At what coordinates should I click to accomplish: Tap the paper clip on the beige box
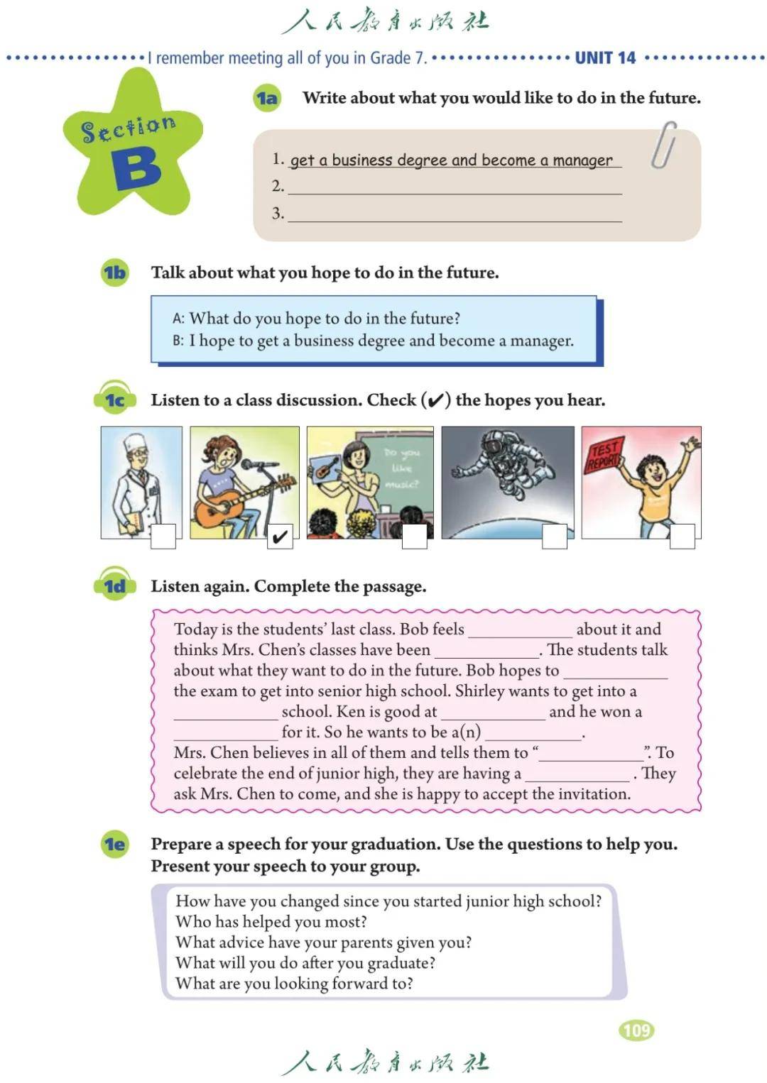click(x=663, y=145)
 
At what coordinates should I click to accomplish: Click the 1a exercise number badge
click(x=267, y=98)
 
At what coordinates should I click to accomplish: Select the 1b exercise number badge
click(x=114, y=273)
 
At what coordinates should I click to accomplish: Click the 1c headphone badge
click(x=114, y=400)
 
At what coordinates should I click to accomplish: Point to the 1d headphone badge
click(x=114, y=586)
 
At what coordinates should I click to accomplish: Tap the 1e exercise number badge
click(x=114, y=844)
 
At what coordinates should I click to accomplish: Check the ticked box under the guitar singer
click(x=280, y=537)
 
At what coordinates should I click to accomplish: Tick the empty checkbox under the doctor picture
click(x=163, y=537)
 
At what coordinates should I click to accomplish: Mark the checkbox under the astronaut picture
click(x=555, y=537)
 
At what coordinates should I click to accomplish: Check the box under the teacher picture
click(x=415, y=537)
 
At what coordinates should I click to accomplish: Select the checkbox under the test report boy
click(x=682, y=537)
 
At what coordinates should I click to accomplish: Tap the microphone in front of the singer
click(x=252, y=465)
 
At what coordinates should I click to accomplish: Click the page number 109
click(x=636, y=1030)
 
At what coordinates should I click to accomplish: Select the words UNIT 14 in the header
click(x=605, y=58)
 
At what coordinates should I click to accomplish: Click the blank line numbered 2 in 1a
click(x=455, y=187)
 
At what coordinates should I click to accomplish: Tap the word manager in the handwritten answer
click(x=582, y=160)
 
